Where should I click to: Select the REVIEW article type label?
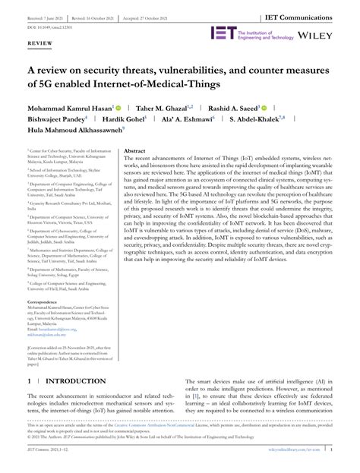click(x=41, y=45)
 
